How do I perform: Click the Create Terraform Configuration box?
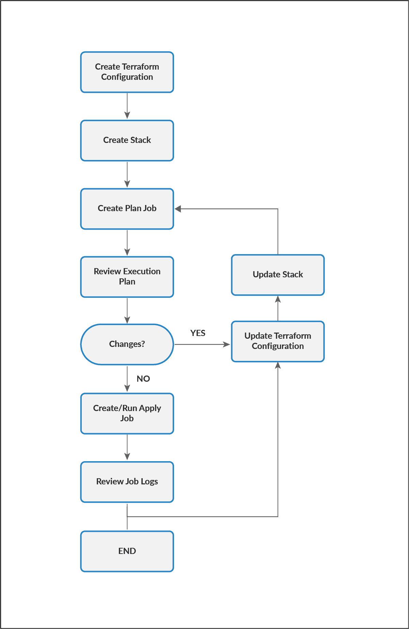click(127, 72)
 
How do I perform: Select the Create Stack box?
click(127, 140)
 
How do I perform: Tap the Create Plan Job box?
click(127, 208)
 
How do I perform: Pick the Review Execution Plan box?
click(127, 277)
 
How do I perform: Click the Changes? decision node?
click(127, 344)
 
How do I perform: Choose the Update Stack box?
click(278, 275)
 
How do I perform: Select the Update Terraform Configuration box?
click(278, 341)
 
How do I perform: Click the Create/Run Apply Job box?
click(127, 413)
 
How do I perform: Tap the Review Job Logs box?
click(127, 482)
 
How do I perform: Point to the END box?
click(127, 551)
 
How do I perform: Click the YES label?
click(198, 333)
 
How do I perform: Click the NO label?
click(143, 379)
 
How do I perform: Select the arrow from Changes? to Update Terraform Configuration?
click(202, 345)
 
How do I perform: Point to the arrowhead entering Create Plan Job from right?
click(178, 209)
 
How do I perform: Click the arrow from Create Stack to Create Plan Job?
click(127, 174)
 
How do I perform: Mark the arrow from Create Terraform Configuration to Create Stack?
click(127, 106)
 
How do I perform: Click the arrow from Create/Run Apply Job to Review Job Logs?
click(127, 447)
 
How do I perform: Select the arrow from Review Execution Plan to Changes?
click(127, 310)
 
